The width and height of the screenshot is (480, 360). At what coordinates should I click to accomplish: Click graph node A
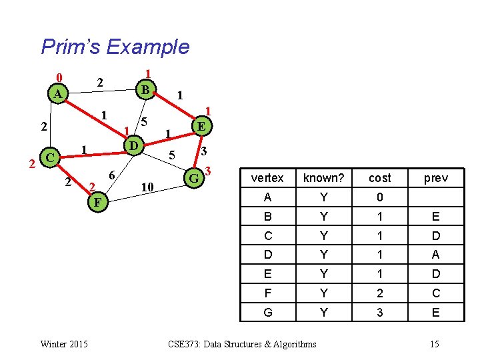pos(59,94)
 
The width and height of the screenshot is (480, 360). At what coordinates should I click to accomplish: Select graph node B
pos(145,88)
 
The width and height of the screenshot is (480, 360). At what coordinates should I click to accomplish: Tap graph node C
pos(49,158)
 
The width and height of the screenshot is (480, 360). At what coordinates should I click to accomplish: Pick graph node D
pos(133,145)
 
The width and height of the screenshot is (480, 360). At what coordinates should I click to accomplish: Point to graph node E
pos(201,125)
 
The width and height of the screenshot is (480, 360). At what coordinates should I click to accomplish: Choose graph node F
pos(97,201)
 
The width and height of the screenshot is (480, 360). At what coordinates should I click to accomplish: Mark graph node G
pos(194,178)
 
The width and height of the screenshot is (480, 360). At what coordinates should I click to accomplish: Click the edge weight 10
pos(148,187)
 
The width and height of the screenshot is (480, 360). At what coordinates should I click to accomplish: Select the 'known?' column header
pos(323,178)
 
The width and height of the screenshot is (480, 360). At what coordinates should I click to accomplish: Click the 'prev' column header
pos(435,178)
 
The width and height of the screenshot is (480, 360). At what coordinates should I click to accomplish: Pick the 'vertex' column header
pos(267,178)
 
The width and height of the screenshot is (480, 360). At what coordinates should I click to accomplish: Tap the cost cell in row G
pos(379,313)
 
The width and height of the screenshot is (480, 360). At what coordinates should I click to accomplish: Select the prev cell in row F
pos(435,293)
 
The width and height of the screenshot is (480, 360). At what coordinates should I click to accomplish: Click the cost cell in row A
pos(379,197)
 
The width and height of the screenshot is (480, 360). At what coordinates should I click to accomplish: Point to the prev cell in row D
pos(435,255)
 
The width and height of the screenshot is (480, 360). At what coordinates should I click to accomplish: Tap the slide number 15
pos(435,344)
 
